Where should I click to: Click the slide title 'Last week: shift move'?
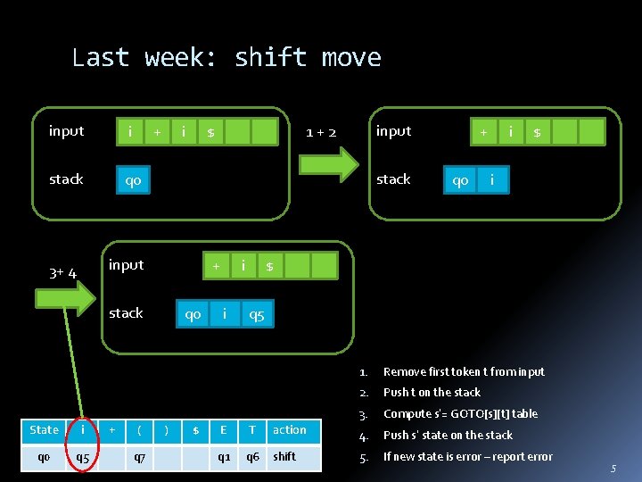(226, 58)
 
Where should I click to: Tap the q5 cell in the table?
(83, 457)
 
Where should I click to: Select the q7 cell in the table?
(140, 457)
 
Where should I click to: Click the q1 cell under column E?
(224, 457)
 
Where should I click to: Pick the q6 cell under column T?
(252, 457)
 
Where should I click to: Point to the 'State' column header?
(44, 430)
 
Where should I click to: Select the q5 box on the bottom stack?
(257, 314)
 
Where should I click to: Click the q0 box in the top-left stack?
(133, 180)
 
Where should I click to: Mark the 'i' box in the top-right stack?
(491, 180)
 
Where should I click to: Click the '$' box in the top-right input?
(538, 132)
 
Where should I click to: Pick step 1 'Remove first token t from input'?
(464, 371)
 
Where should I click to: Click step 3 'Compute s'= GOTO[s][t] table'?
(460, 414)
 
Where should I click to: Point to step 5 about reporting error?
(467, 457)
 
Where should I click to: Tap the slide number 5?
(613, 469)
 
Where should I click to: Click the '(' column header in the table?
(140, 430)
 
